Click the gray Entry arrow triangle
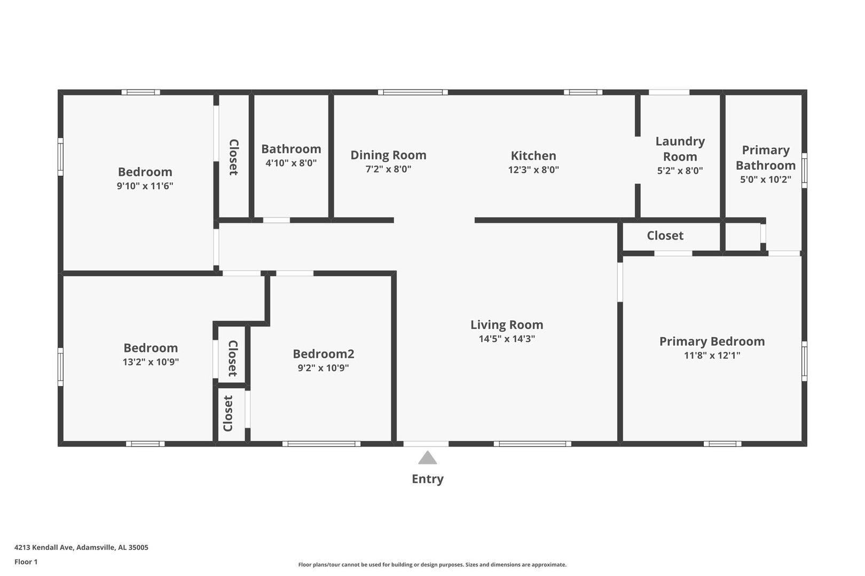(x=428, y=458)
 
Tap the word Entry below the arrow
(x=428, y=479)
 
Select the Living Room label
(x=507, y=325)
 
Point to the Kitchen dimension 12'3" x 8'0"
(x=533, y=170)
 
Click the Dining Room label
(x=388, y=155)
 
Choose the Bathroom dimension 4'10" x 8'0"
(x=291, y=163)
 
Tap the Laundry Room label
(x=680, y=149)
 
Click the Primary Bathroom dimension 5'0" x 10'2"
(x=765, y=179)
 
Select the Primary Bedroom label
(x=712, y=341)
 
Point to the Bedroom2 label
(x=323, y=354)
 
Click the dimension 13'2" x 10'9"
(x=151, y=362)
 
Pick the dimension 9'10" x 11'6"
(x=145, y=186)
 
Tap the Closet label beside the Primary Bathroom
(x=665, y=236)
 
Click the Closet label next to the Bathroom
(x=234, y=157)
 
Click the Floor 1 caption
(x=26, y=562)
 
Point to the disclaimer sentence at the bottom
(x=432, y=565)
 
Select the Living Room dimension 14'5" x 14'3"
(x=507, y=339)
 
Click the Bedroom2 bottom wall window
(x=321, y=444)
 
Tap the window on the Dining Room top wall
(x=413, y=92)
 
